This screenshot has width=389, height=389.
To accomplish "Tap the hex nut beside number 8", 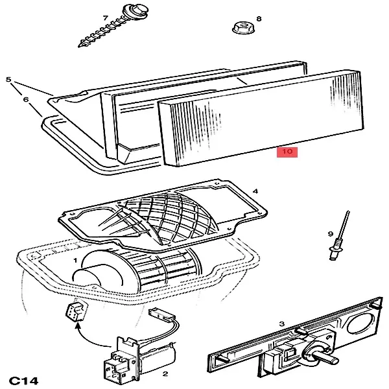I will click(x=241, y=29).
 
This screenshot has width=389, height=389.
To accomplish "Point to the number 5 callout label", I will click(x=8, y=80).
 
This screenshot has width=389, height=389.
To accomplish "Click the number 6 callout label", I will click(x=27, y=99).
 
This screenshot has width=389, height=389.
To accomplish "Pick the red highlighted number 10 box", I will click(x=286, y=152).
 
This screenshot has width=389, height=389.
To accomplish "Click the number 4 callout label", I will click(x=256, y=192).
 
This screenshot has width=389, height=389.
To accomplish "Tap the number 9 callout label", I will click(x=331, y=233).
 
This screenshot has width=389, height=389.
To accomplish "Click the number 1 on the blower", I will click(x=76, y=261).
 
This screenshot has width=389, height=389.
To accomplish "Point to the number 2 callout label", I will click(x=165, y=374).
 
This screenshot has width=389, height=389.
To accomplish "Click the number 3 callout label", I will click(x=281, y=324).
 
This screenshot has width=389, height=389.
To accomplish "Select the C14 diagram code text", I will click(x=25, y=379).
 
